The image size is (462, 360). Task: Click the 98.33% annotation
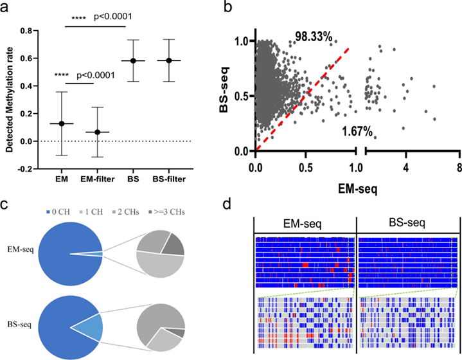(313, 38)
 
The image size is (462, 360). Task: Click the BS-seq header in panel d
(407, 225)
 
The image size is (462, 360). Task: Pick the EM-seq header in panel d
(306, 225)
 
